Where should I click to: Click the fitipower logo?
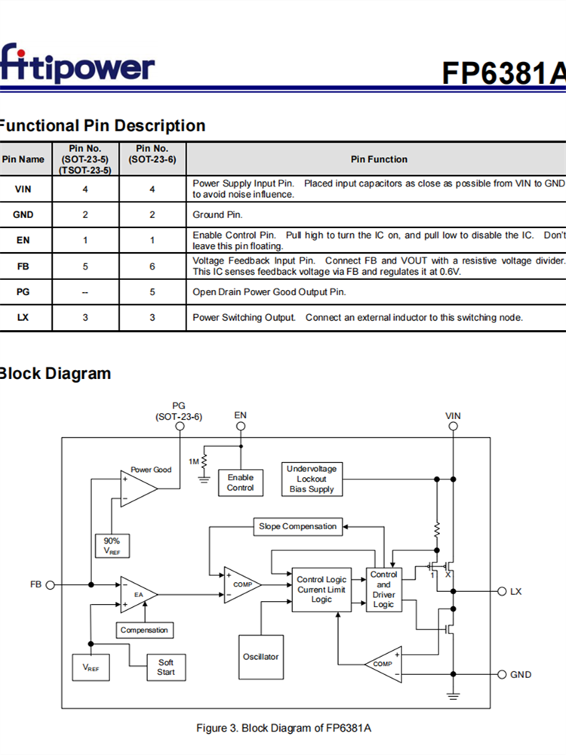point(77,66)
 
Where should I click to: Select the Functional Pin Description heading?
point(102,125)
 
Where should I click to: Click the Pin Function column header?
point(379,159)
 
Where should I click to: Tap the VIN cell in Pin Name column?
point(23,189)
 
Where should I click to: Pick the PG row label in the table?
point(23,291)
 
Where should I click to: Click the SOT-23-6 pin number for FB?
point(152,266)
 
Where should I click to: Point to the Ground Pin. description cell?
point(217,214)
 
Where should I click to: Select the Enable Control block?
point(241,482)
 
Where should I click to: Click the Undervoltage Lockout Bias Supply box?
point(312,479)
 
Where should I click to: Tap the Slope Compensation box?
point(297,526)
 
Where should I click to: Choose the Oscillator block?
point(260,657)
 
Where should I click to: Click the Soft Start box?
point(166,667)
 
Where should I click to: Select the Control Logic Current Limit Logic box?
point(321,590)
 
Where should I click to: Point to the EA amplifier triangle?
point(137,594)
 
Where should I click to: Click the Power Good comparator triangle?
point(137,488)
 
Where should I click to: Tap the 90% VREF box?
point(112,546)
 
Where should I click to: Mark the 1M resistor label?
point(194,461)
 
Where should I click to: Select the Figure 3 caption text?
point(284,728)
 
